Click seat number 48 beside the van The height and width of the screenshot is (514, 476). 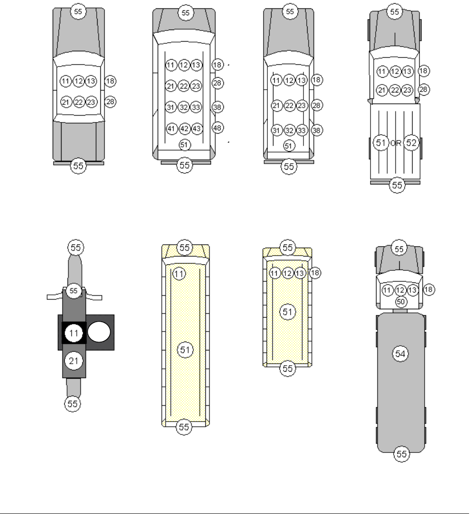pos(217,128)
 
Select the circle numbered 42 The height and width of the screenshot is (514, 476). pos(185,129)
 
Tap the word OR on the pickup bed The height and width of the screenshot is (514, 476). pos(396,143)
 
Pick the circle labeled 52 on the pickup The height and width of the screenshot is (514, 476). pos(411,143)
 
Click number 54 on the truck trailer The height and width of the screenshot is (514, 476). pos(400,354)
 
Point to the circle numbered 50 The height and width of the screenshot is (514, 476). pos(401,302)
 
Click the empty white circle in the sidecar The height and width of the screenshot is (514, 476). pos(99,332)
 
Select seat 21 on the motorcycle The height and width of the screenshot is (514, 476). pos(74,361)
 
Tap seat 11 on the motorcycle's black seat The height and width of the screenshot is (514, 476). pos(74,333)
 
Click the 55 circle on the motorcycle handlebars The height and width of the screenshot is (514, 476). pos(74,291)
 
